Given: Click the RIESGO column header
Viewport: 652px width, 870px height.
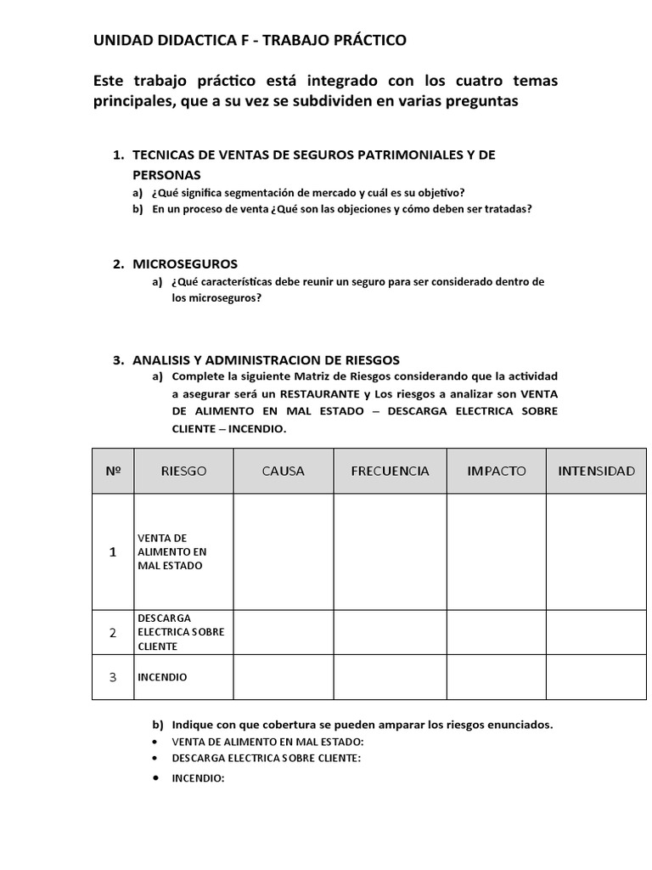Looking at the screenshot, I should click(183, 471).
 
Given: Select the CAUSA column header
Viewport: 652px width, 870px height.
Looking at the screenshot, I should click(284, 471).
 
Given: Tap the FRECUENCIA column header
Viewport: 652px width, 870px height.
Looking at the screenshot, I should click(390, 471).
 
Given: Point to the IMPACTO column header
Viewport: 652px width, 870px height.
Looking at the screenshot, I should click(497, 471).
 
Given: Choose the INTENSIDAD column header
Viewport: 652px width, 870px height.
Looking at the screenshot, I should click(596, 471).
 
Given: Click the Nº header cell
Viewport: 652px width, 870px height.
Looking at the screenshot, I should click(113, 471).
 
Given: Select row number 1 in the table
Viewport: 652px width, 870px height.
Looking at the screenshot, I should click(113, 551).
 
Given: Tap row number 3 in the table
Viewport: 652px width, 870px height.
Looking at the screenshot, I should click(113, 677).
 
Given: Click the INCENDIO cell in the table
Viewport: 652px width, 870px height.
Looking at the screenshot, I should click(161, 677).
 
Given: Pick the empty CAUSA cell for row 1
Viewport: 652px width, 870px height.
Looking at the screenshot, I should click(284, 551).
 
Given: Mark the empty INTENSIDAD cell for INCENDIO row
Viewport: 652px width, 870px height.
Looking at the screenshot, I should click(596, 677).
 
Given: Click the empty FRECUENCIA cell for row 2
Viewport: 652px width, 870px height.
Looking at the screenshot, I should click(390, 632).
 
